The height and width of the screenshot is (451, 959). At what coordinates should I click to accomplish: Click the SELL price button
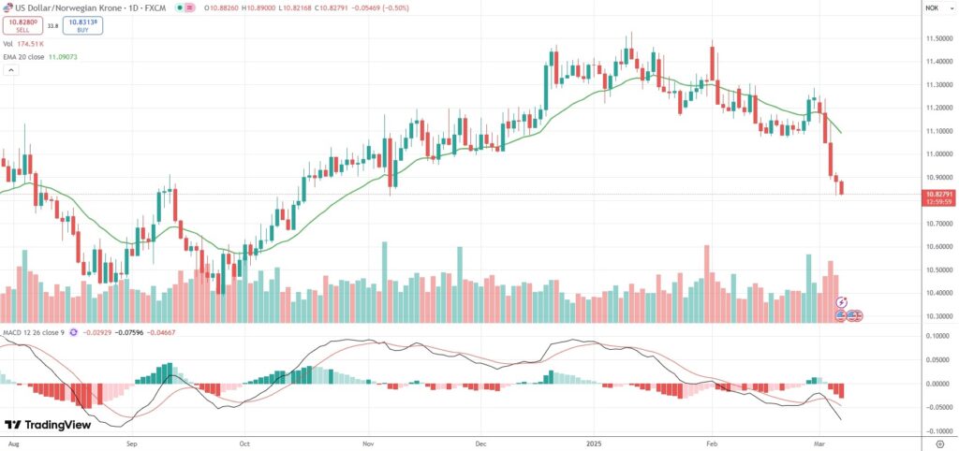pyautogui.click(x=22, y=25)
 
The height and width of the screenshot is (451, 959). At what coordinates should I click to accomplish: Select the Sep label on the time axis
pyautogui.click(x=130, y=439)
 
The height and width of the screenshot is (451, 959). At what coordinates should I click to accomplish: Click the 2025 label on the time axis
pyautogui.click(x=594, y=439)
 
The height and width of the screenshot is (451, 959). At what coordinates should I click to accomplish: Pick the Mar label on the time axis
pyautogui.click(x=819, y=439)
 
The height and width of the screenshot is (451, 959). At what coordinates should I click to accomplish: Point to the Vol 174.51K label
pyautogui.click(x=26, y=43)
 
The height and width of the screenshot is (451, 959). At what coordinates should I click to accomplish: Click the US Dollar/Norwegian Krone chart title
pyautogui.click(x=66, y=7)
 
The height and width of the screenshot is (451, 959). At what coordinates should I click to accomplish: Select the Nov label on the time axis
pyautogui.click(x=368, y=439)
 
